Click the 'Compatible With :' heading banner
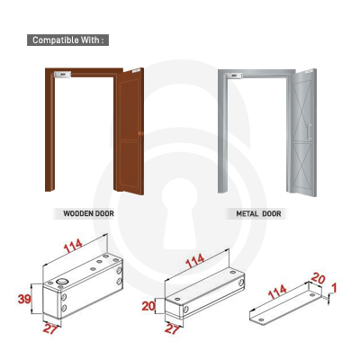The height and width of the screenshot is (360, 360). [67, 40]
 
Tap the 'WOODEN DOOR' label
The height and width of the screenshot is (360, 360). [88, 214]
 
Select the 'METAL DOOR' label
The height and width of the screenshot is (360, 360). [258, 214]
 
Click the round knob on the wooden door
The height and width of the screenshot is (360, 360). [140, 133]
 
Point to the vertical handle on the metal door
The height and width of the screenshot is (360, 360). [310, 131]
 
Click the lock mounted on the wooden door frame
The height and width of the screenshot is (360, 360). [62, 74]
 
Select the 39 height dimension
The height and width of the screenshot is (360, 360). [24, 299]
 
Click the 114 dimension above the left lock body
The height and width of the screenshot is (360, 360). [73, 246]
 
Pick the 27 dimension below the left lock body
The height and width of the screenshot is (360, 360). [50, 329]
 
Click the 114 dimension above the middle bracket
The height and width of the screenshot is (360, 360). [195, 261]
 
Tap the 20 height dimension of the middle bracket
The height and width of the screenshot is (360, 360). [148, 306]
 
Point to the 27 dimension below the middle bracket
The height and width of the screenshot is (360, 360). [172, 329]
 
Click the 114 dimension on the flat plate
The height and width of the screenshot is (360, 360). [277, 292]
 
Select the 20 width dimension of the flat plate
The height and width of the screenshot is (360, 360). [318, 279]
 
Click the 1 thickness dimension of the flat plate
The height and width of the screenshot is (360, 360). [334, 288]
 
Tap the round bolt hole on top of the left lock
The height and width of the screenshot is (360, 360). [62, 282]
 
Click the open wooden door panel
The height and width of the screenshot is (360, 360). [129, 131]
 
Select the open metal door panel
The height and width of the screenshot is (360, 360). [301, 132]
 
